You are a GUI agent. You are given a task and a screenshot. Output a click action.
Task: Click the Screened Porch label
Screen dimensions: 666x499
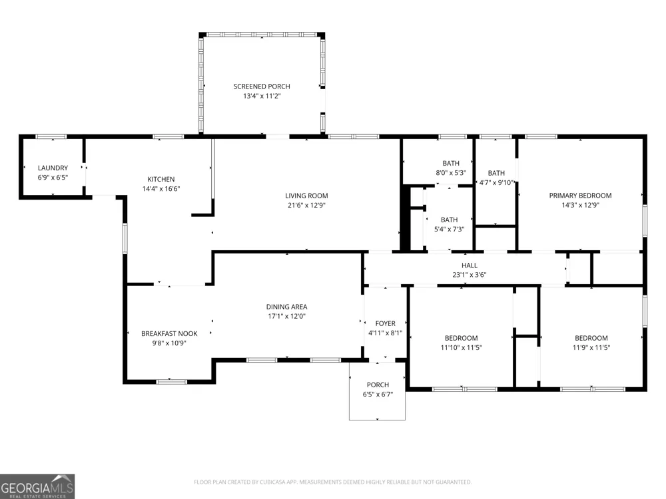tap(262, 86)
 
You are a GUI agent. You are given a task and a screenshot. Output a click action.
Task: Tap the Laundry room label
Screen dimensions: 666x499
tap(53, 168)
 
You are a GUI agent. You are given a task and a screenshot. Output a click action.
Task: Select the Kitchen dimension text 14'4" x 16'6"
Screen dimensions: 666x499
tap(161, 189)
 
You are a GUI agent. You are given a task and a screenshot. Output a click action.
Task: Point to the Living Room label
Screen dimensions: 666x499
tap(306, 196)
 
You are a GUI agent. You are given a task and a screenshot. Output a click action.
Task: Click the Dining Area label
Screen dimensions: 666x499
tap(286, 307)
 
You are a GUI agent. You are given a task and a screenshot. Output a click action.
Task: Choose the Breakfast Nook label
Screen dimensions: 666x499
tap(169, 334)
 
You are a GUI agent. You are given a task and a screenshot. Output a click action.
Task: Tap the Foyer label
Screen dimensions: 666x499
tap(385, 324)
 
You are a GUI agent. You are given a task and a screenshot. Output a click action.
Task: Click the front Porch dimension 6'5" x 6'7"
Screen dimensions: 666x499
tap(378, 395)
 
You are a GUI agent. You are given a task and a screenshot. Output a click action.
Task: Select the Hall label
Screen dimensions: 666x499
tap(470, 265)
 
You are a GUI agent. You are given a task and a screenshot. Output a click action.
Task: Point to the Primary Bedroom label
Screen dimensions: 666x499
tap(580, 196)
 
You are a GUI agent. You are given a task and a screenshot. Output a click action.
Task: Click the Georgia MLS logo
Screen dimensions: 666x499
tap(37, 486)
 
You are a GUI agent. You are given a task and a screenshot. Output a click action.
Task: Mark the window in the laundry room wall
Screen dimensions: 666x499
tap(51, 136)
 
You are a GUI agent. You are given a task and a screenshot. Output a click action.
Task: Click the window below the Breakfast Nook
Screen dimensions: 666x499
tap(171, 382)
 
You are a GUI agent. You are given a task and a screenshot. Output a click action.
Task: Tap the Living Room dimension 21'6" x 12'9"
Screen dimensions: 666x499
tap(306, 206)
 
